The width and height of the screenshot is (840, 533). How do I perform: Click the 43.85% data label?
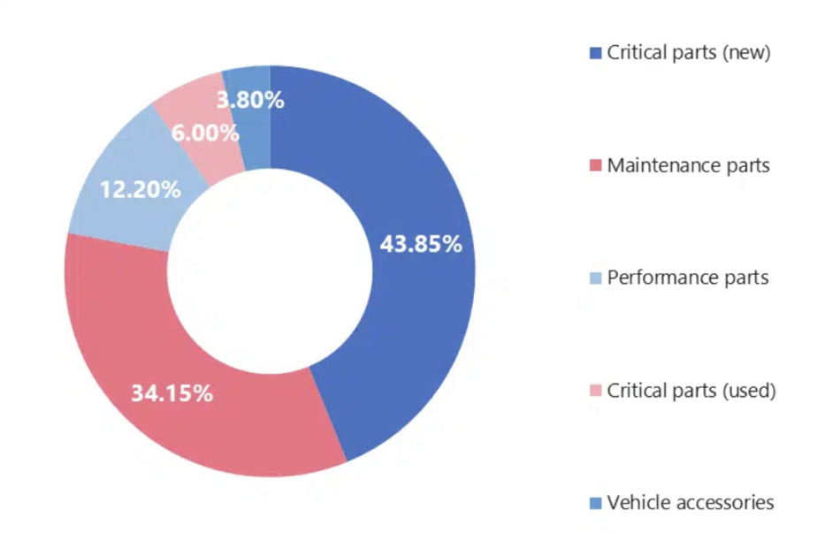tap(421, 245)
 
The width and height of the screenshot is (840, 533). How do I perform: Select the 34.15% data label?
tap(172, 393)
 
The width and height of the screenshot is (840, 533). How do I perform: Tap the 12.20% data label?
tap(141, 188)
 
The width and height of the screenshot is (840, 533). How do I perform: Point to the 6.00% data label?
tap(205, 133)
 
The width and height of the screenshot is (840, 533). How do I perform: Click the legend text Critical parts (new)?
tap(689, 53)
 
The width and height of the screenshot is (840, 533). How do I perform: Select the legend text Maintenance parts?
tap(688, 165)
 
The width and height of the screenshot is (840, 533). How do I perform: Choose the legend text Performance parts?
tap(687, 278)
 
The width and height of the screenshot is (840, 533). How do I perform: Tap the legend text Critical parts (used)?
tap(691, 391)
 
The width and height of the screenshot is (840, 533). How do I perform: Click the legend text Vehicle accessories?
tap(690, 503)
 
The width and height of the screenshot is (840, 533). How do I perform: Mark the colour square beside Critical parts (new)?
tap(595, 54)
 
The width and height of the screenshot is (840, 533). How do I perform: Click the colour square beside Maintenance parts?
tap(595, 166)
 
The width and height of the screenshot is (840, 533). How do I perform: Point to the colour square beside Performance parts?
tap(595, 278)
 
